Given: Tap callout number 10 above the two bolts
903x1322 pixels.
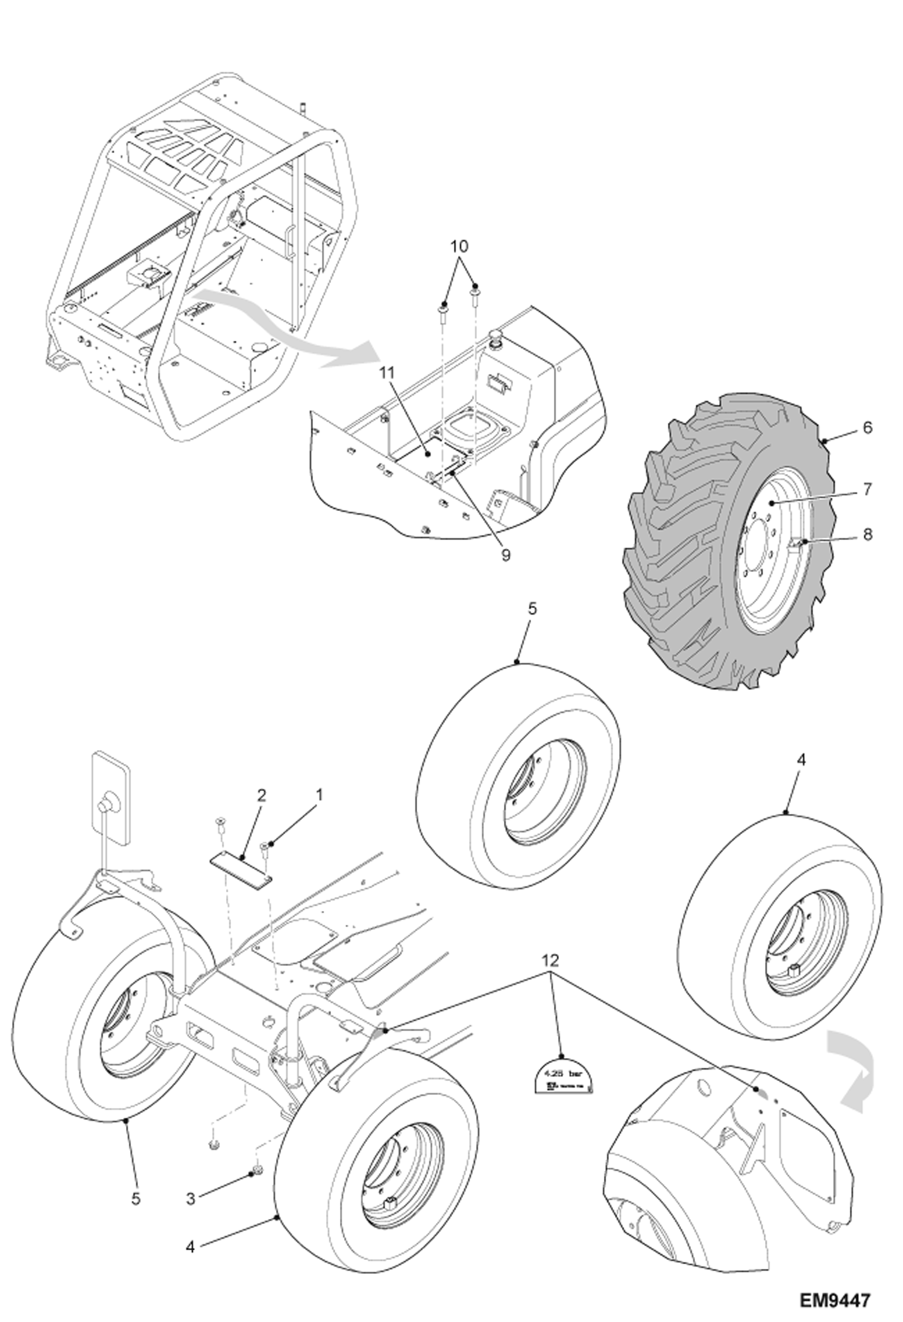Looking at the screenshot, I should pos(459,246).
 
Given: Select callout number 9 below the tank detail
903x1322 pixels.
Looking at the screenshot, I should pos(505,555).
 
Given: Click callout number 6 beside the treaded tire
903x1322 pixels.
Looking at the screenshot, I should pos(867,427).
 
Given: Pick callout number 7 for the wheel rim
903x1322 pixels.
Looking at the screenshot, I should pos(867,489).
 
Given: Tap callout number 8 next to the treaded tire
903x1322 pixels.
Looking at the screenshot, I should pos(867,534).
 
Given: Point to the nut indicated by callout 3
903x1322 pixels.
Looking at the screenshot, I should pos(256,1171).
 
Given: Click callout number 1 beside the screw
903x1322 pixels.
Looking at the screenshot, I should pos(319,795).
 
